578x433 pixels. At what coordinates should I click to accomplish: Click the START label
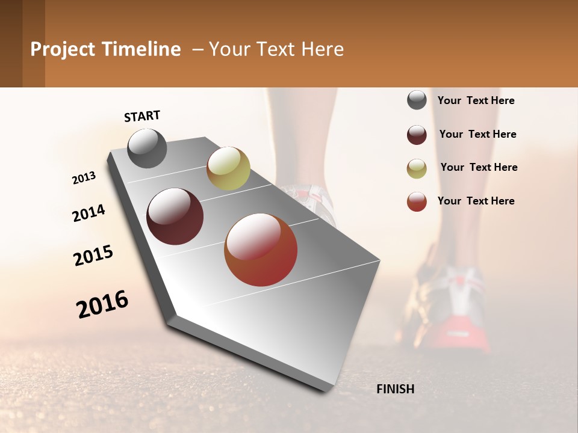coord(142,116)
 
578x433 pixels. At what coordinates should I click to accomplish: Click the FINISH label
coord(395,389)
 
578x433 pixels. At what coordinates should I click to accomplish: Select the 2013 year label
coord(84,178)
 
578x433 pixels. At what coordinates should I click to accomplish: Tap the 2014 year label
coord(89,213)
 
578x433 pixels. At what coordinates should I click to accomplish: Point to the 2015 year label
coord(93,256)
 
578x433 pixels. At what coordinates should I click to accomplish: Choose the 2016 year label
coord(102,304)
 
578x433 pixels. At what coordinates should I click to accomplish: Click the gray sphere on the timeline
coord(147,148)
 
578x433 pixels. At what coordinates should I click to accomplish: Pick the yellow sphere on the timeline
coord(228,168)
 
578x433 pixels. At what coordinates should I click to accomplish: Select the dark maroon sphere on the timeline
coord(175,216)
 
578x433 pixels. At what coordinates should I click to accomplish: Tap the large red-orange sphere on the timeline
coord(261,250)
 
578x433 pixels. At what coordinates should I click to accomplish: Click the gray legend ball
coord(417,100)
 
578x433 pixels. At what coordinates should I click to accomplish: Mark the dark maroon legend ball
coord(417,135)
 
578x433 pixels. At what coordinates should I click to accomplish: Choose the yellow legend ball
coord(417,168)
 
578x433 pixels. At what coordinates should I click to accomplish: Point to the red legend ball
coord(417,201)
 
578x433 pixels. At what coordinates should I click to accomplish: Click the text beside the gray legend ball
coord(476,101)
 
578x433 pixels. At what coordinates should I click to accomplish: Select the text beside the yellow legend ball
coord(479,167)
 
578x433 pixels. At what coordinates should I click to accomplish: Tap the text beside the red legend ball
coord(476,201)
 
